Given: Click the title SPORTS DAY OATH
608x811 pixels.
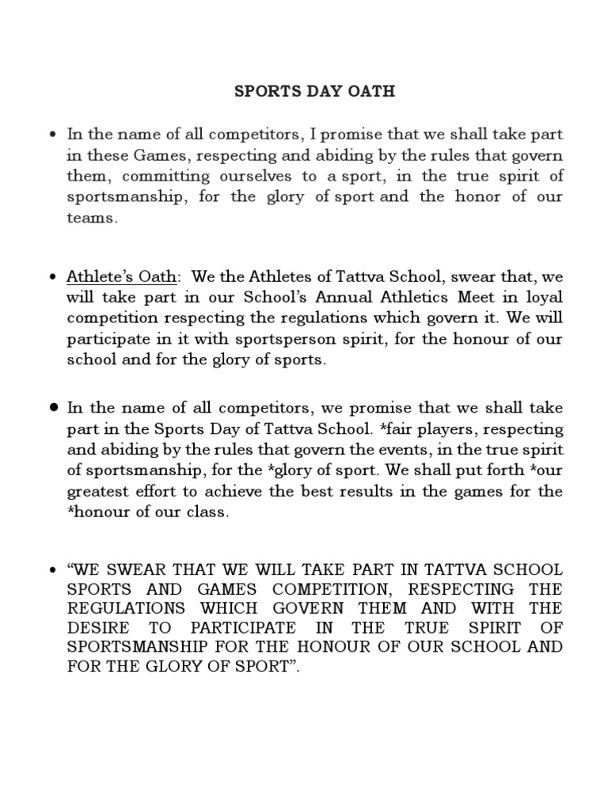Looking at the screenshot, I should (x=314, y=92).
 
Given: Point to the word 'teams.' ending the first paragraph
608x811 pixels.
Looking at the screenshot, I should (x=91, y=219).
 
